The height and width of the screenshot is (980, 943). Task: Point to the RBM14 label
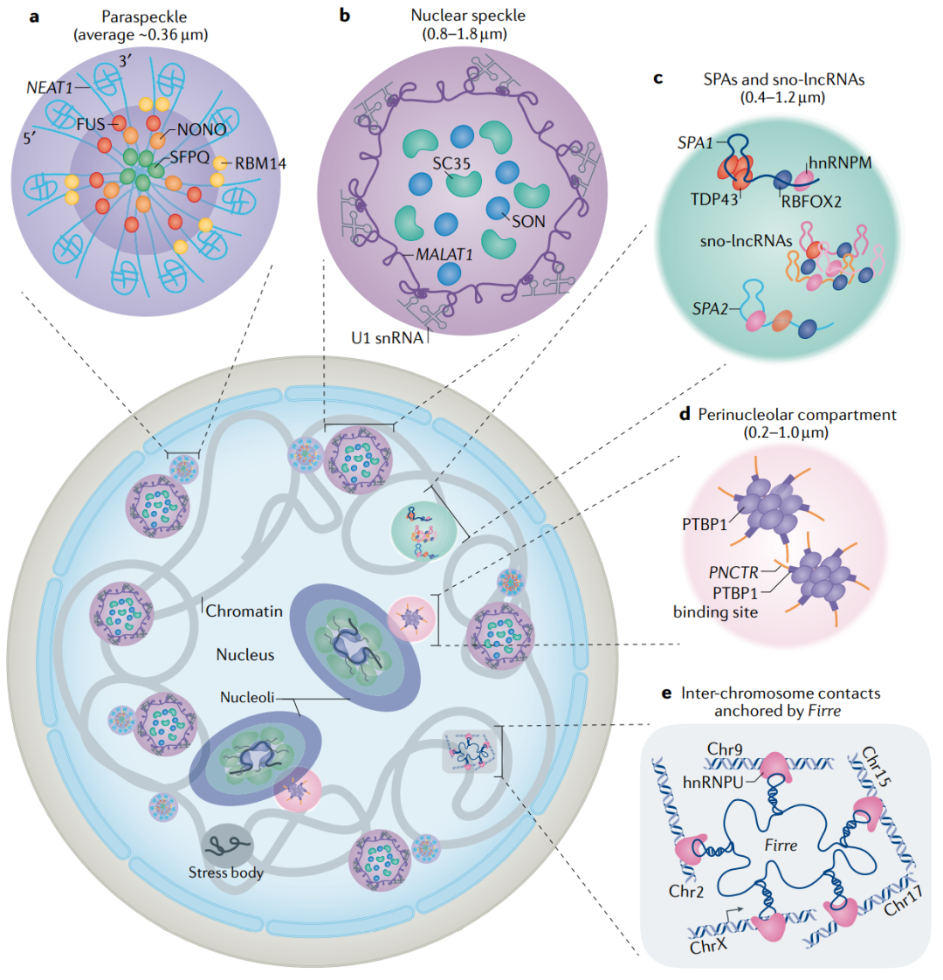(260, 163)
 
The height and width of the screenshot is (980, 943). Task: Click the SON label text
(528, 221)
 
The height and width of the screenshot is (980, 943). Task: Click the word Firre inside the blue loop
(781, 846)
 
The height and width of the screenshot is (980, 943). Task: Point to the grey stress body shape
(225, 845)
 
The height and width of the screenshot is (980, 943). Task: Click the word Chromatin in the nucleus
(244, 611)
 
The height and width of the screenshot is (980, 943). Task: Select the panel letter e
(667, 694)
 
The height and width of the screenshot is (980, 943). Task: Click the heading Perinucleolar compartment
(796, 414)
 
